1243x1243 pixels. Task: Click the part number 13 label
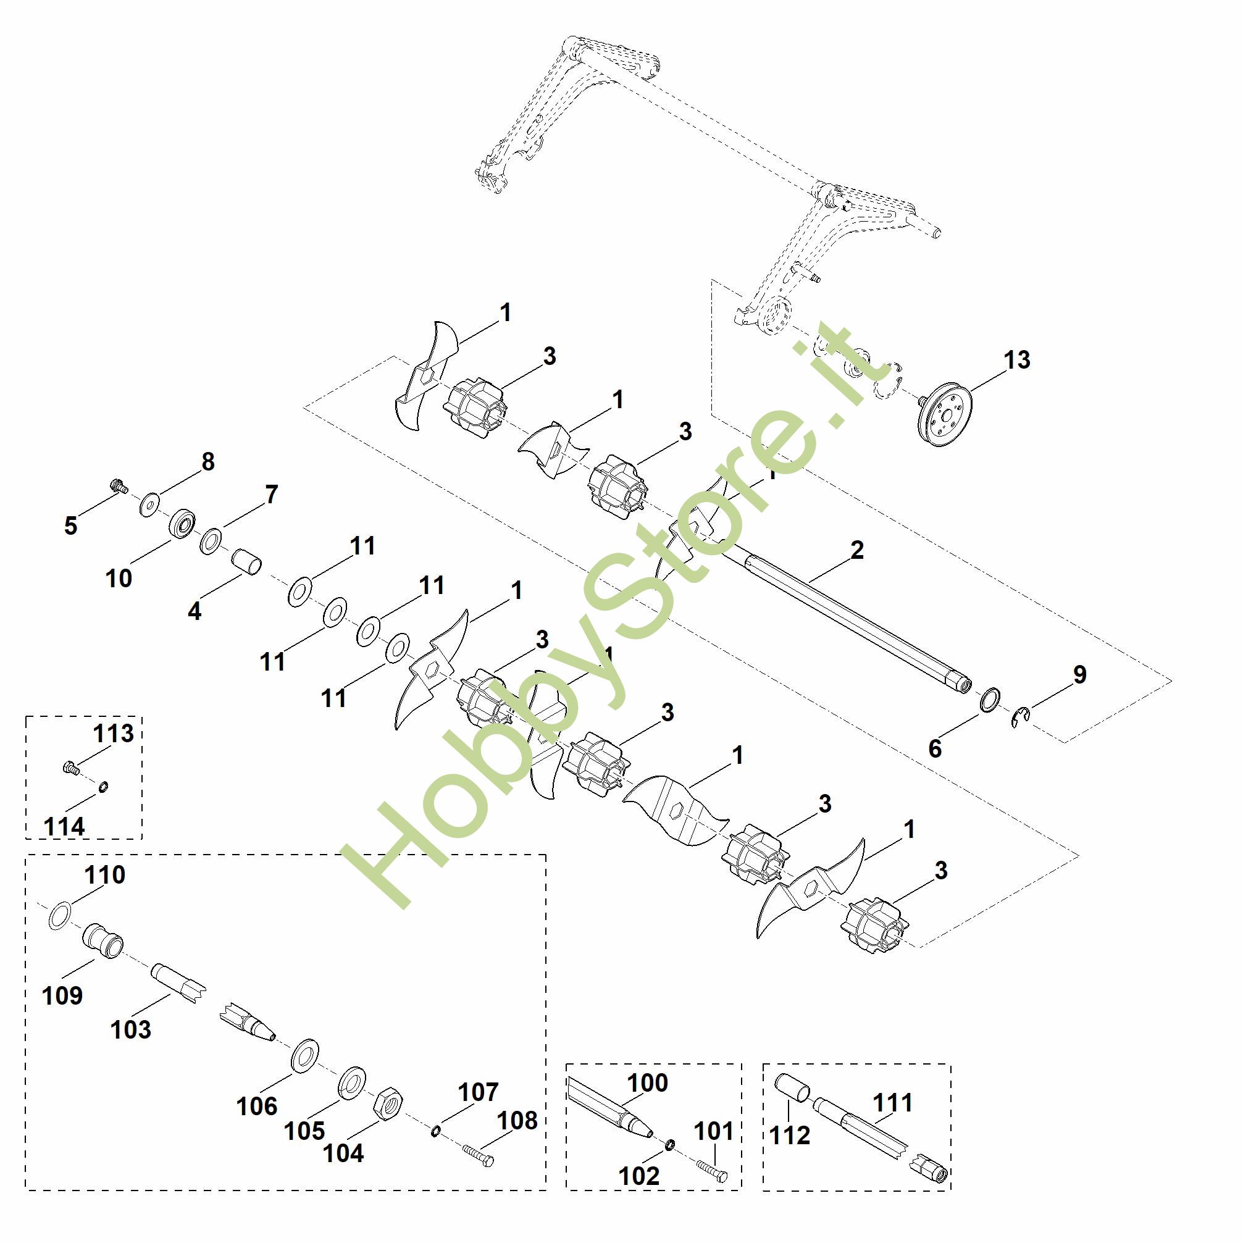pyautogui.click(x=1016, y=360)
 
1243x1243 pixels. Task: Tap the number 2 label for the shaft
pyautogui.click(x=857, y=551)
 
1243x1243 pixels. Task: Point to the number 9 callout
pyautogui.click(x=1079, y=674)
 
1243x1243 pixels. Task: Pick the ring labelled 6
pyautogui.click(x=990, y=700)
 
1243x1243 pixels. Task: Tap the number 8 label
pyautogui.click(x=208, y=462)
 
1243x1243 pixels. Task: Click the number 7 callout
pyautogui.click(x=272, y=494)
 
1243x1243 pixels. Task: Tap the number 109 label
pyautogui.click(x=62, y=995)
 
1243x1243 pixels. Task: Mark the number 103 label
pyautogui.click(x=131, y=1029)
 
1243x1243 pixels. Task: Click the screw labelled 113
pyautogui.click(x=70, y=767)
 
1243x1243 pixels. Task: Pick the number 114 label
pyautogui.click(x=64, y=827)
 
